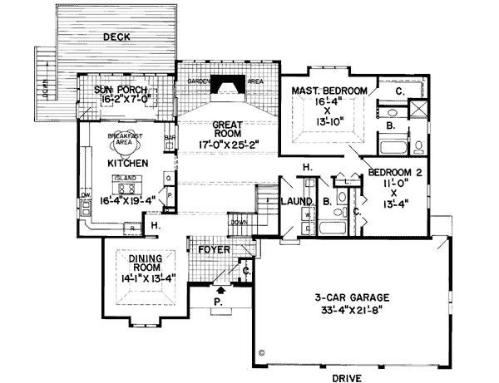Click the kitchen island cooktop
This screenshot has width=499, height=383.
[x=127, y=187]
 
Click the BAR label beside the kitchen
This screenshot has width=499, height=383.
[x=170, y=138]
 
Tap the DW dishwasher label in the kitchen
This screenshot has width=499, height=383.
[x=85, y=195]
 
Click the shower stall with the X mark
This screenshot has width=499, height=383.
[x=419, y=107]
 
